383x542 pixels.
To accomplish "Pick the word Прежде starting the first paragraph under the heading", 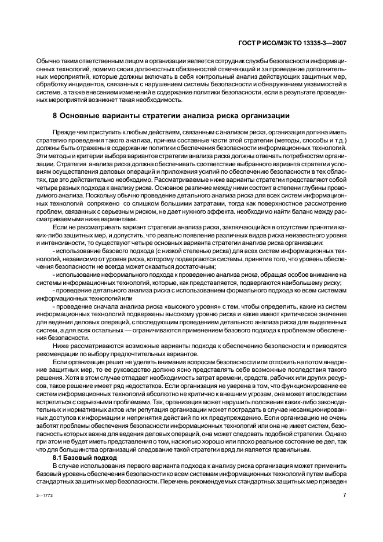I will tap(64, 133).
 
